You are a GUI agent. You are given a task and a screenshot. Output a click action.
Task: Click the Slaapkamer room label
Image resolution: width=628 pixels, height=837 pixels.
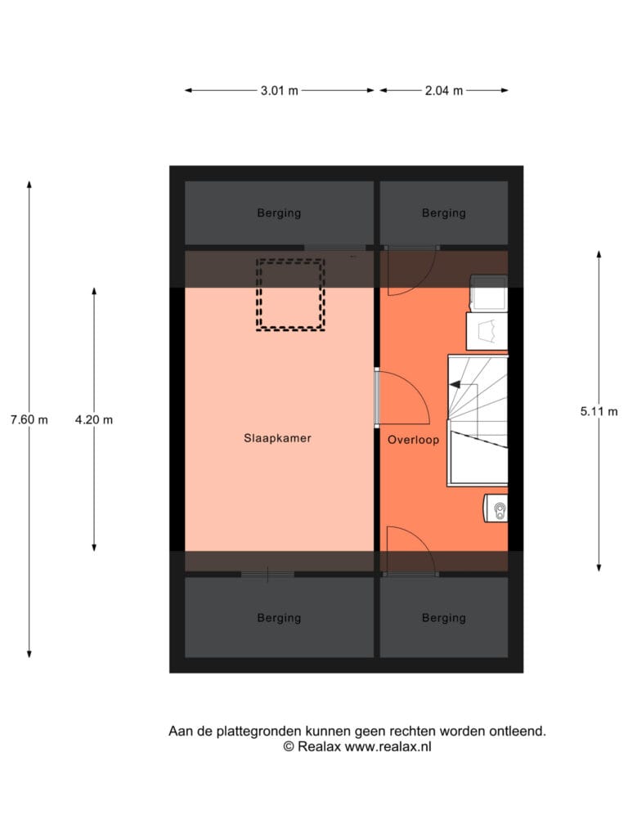(x=277, y=438)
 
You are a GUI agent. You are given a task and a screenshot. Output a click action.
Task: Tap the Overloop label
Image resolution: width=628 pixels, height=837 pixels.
(x=413, y=440)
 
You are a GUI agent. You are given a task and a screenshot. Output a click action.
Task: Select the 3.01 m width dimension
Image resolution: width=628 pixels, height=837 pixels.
(x=280, y=91)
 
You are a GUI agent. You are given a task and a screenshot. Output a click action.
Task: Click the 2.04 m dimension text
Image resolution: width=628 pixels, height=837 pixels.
(x=444, y=91)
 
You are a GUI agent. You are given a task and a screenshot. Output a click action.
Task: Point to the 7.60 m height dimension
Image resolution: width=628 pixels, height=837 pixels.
(x=29, y=420)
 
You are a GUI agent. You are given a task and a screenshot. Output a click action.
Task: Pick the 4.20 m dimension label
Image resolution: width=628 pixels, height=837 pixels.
(x=94, y=420)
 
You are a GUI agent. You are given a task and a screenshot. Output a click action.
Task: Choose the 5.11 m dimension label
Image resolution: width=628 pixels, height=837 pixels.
(x=599, y=412)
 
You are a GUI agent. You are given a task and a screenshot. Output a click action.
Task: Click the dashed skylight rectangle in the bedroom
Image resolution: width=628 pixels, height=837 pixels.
(x=290, y=261)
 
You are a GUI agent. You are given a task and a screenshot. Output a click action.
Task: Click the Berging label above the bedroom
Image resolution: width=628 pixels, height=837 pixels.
(x=280, y=213)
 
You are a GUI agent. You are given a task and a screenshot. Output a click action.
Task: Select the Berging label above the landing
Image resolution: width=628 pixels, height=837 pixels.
(x=444, y=213)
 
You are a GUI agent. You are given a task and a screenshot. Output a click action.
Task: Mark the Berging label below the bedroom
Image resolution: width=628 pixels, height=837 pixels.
(x=280, y=618)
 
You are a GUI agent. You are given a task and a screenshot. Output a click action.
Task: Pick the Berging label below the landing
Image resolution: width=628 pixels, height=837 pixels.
(x=444, y=618)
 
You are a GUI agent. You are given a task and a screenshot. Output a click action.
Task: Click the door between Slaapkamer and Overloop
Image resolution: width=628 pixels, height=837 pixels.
(x=377, y=398)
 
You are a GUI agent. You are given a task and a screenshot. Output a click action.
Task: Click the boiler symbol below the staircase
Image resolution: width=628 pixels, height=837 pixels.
(x=496, y=508)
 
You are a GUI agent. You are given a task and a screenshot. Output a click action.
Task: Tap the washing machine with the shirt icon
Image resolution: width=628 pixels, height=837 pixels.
(x=487, y=331)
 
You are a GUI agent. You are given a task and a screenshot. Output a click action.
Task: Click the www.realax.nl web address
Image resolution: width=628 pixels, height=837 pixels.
(x=388, y=747)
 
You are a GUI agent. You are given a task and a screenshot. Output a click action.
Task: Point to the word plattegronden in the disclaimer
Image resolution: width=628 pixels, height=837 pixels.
(x=258, y=732)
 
